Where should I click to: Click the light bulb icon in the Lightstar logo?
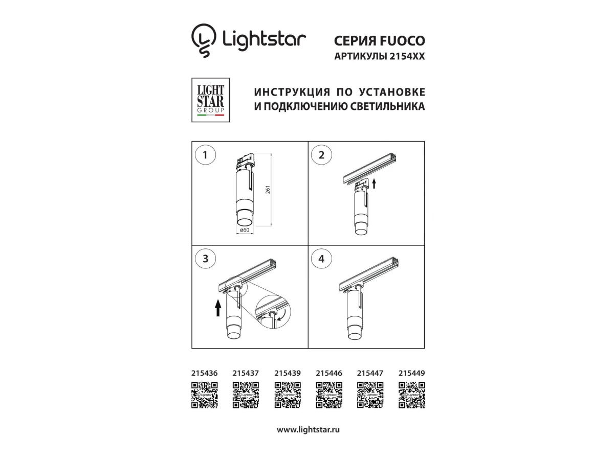[x=204, y=40]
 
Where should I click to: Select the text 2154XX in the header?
[x=407, y=56]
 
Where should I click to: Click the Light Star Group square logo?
[x=210, y=100]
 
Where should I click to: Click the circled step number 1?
[x=205, y=155]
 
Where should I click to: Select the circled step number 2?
[x=321, y=155]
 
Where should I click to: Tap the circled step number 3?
[x=205, y=259]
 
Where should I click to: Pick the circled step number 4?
[x=321, y=259]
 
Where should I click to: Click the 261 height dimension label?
[x=268, y=189]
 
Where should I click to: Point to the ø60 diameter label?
[x=245, y=230]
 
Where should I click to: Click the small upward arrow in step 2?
[x=374, y=183]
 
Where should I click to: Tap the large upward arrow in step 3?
[x=218, y=308]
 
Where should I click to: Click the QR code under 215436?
[x=205, y=395]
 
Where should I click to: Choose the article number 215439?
[x=287, y=373]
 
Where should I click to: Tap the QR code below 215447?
[x=370, y=395]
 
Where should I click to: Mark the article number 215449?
[x=411, y=373]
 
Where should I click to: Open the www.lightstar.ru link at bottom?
[x=308, y=429]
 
